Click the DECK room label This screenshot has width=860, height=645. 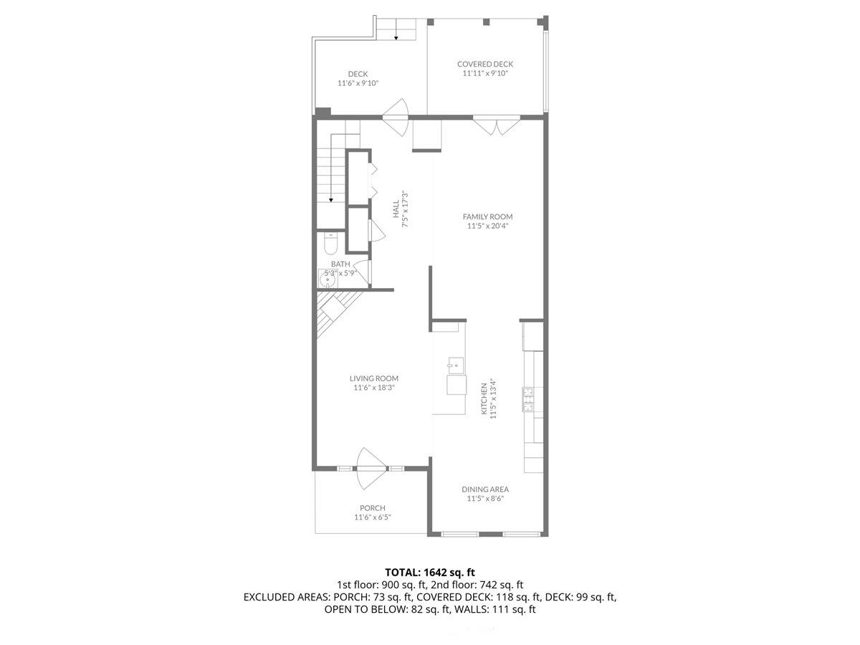pos(358,74)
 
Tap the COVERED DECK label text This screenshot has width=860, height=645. pos(485,64)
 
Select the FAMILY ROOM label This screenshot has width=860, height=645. pos(487,216)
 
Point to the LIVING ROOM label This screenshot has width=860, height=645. pos(373,378)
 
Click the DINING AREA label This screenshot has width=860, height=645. pos(485,489)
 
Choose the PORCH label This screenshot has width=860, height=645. pos(372,508)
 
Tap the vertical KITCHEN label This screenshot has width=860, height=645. pos(484,398)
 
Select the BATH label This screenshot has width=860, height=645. pos(340,264)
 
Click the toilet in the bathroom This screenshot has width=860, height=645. pos(330,245)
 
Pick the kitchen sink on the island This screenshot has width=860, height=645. pos(453,365)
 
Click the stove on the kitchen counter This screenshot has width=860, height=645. pos(529,398)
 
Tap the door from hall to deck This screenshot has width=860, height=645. pos(396,115)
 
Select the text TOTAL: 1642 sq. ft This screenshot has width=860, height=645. pos(430,572)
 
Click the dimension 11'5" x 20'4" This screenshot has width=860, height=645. pos(487,226)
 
